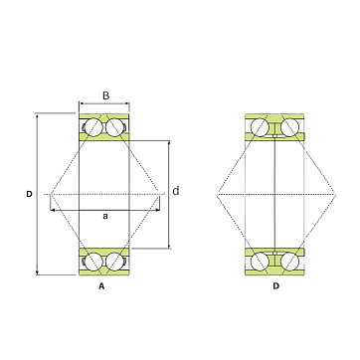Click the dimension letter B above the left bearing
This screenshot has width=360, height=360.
click(105, 95)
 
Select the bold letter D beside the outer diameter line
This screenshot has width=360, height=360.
click(30, 194)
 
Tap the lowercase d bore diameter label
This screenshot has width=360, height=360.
click(176, 191)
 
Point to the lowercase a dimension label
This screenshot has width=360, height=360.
click(105, 216)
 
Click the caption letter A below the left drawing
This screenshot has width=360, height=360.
click(101, 286)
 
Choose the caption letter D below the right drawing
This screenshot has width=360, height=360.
click(275, 286)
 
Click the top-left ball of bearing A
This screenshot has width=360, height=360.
click(93, 127)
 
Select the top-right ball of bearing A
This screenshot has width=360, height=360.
click(114, 127)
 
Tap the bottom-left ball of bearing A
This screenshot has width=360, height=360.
click(93, 262)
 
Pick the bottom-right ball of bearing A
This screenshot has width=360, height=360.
click(114, 262)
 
